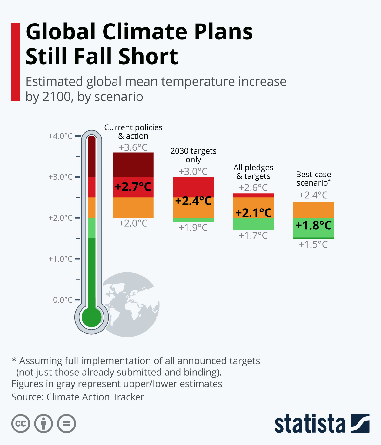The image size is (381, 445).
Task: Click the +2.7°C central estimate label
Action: [133, 187]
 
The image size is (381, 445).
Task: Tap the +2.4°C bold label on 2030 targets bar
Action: [193, 201]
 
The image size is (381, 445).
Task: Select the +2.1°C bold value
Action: [253, 213]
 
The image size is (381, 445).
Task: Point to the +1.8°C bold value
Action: [313, 225]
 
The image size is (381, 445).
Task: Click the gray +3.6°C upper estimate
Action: [133, 147]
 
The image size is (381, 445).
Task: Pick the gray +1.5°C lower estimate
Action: [313, 244]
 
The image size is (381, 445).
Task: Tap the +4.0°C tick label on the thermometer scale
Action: [61, 136]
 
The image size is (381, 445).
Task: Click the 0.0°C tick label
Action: [63, 300]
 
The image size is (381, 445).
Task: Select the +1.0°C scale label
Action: [61, 259]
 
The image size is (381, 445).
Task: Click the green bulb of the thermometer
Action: [91, 317]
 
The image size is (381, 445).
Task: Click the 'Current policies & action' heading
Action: [133, 132]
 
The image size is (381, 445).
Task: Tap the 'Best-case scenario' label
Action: [313, 179]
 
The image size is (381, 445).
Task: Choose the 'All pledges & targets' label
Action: [253, 172]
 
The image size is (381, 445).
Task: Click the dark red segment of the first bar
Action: [133, 165]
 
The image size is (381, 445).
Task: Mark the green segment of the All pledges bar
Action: [253, 224]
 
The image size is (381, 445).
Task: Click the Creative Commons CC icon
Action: [21, 424]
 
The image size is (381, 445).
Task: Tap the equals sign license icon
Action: [67, 424]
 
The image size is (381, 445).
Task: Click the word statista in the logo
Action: [310, 424]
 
